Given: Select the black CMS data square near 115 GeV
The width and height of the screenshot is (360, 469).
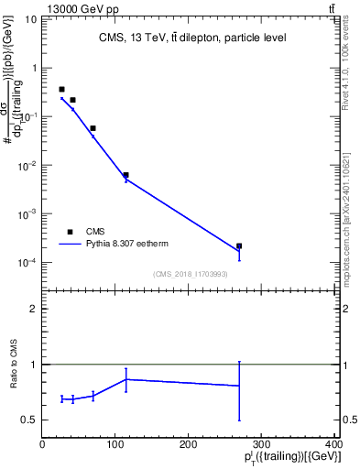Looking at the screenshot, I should coord(125,175).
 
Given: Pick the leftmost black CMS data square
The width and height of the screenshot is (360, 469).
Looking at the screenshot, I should coord(61,90).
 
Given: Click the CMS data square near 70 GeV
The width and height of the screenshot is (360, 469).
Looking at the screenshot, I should coord(93,128).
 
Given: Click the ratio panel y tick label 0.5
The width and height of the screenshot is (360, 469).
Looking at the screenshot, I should coord(29,420).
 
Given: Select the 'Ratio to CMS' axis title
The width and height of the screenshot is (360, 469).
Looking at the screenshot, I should coord(13,364).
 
